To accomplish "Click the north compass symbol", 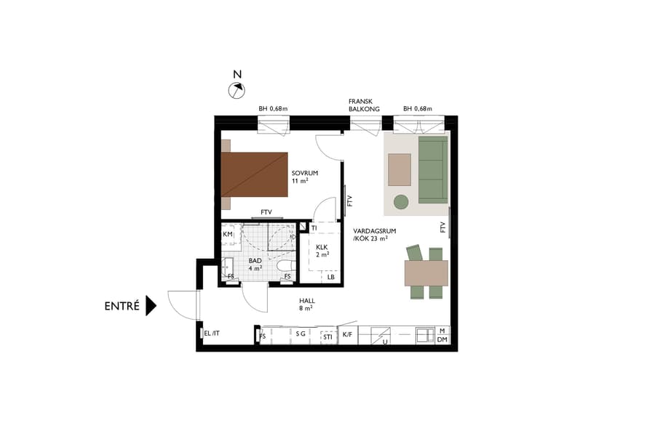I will [x=237, y=89].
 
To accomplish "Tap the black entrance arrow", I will [x=151, y=305].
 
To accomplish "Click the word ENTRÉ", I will [x=122, y=306].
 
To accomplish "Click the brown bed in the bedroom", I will [x=256, y=174].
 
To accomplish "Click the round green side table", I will [x=401, y=201].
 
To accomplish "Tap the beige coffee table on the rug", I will [x=400, y=169].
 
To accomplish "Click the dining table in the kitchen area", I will [x=426, y=272].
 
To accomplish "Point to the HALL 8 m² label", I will [x=306, y=304].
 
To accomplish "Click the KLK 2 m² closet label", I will [x=322, y=251].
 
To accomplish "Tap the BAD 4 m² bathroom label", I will [x=255, y=264].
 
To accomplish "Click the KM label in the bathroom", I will [x=228, y=235].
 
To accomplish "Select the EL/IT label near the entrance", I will [x=212, y=333].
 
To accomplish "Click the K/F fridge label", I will [x=348, y=336].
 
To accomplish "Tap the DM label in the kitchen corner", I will [x=442, y=339].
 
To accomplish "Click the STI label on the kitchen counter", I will [x=327, y=336].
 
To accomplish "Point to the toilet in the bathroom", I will [x=285, y=266].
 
